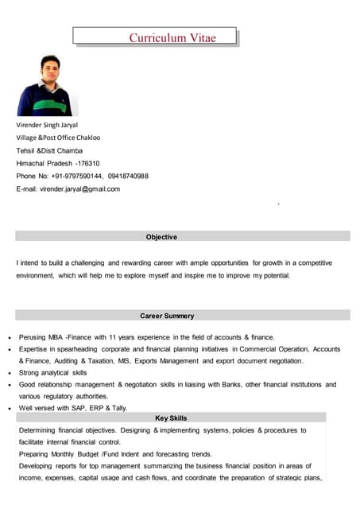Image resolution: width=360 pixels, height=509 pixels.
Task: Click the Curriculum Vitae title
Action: point(172,37)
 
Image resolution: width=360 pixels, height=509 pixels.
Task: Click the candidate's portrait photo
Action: point(48,85)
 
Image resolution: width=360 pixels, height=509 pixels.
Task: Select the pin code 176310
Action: point(87,163)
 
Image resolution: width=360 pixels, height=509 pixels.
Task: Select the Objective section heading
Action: point(161,237)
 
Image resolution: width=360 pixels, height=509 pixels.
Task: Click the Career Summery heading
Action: point(167,316)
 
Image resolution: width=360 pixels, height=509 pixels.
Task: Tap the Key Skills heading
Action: point(171,418)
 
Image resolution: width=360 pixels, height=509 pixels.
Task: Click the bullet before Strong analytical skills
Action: point(8,373)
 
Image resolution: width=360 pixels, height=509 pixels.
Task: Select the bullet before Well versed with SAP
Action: point(8,409)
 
